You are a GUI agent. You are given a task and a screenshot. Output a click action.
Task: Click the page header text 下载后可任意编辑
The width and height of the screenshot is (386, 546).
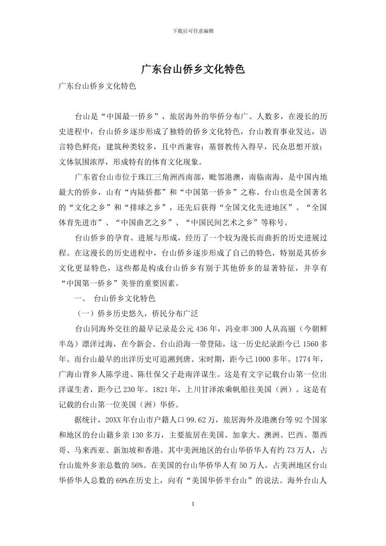coord(193,31)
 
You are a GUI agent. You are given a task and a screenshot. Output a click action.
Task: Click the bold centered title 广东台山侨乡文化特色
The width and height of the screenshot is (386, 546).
coord(193,69)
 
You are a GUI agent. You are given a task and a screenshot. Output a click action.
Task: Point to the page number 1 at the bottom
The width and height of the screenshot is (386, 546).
coord(193,504)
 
